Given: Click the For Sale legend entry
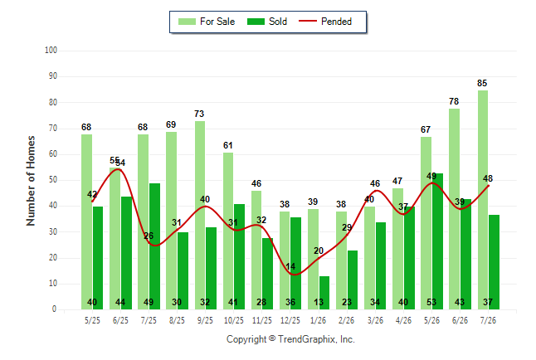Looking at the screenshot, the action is tap(207, 22).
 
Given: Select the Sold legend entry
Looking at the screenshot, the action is tap(267, 22).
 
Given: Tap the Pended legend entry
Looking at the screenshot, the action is tap(325, 22).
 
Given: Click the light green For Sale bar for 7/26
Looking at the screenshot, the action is tap(483, 200).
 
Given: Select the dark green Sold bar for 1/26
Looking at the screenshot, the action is tap(324, 293).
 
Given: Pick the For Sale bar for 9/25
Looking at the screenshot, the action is tap(200, 216).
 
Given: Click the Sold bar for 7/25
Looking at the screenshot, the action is tap(154, 246).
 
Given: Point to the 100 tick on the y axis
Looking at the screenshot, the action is tap(51, 51).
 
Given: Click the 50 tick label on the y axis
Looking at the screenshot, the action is tap(53, 180).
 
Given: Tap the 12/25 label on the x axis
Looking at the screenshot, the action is tap(290, 320).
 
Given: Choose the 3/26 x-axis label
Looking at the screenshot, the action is tap(375, 320).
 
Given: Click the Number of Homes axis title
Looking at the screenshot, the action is tap(31, 181).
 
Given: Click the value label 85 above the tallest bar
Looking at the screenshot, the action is tap(482, 83).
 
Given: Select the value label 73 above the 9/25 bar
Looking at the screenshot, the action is tap(199, 114).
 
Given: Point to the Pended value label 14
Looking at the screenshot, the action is tap(290, 266).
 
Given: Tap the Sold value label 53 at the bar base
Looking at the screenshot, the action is tap(431, 302).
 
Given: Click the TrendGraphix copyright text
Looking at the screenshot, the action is tap(290, 339).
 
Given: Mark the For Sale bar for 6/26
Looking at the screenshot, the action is tap(455, 209).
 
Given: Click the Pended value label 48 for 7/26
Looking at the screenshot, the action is tap(488, 178).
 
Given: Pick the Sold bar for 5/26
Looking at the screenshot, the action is tap(437, 241).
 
